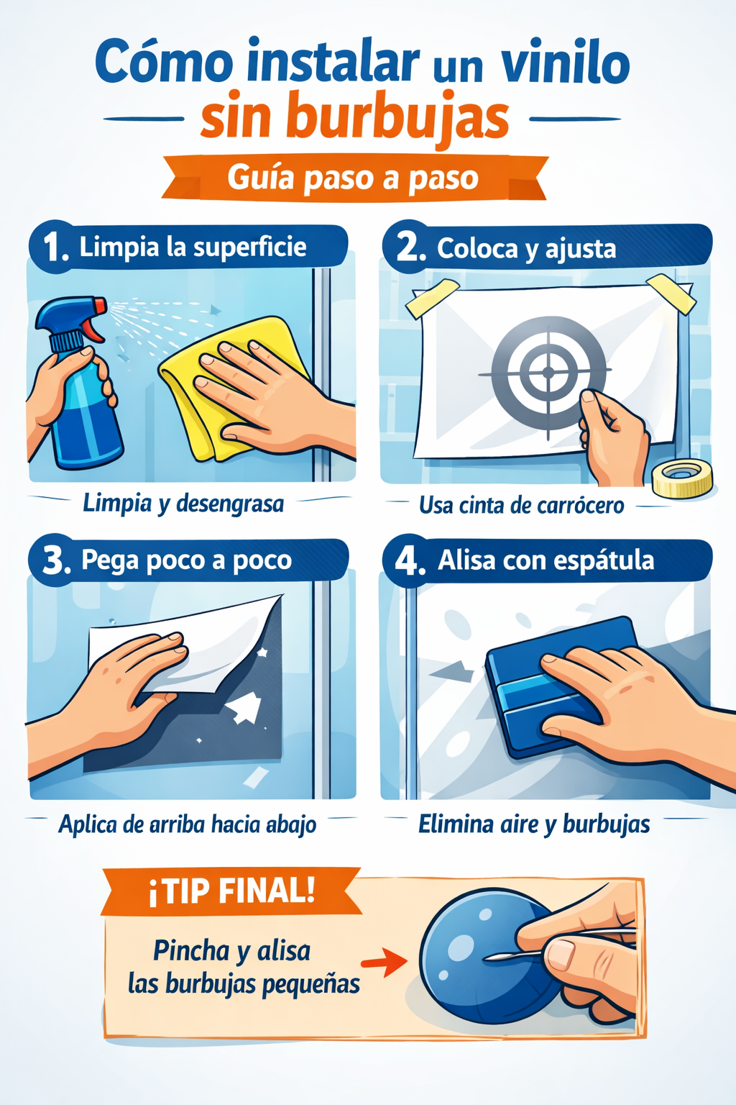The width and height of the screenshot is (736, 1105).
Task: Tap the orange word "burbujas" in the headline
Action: (x=397, y=119)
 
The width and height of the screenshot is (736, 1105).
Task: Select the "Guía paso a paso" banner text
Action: (x=353, y=178)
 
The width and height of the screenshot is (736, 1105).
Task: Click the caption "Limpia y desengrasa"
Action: (x=183, y=504)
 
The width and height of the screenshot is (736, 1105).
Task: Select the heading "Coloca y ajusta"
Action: (x=526, y=249)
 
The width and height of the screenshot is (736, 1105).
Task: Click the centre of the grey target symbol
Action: (x=548, y=372)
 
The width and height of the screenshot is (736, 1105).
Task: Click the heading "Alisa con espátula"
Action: (x=546, y=560)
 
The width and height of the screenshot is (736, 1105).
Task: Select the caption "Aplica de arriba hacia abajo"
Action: (x=188, y=824)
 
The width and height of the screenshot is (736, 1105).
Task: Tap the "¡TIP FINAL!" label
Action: (x=231, y=892)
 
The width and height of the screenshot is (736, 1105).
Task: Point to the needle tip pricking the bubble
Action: (x=484, y=958)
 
